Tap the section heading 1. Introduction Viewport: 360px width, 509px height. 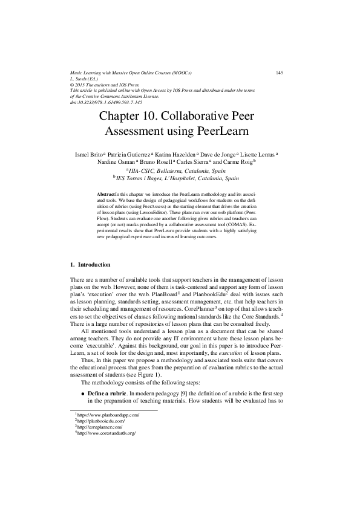[90, 264]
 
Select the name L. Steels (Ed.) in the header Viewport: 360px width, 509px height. [85, 79]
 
